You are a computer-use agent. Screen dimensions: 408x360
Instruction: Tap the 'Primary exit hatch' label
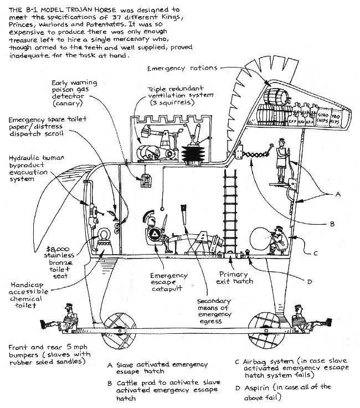(235, 277)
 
